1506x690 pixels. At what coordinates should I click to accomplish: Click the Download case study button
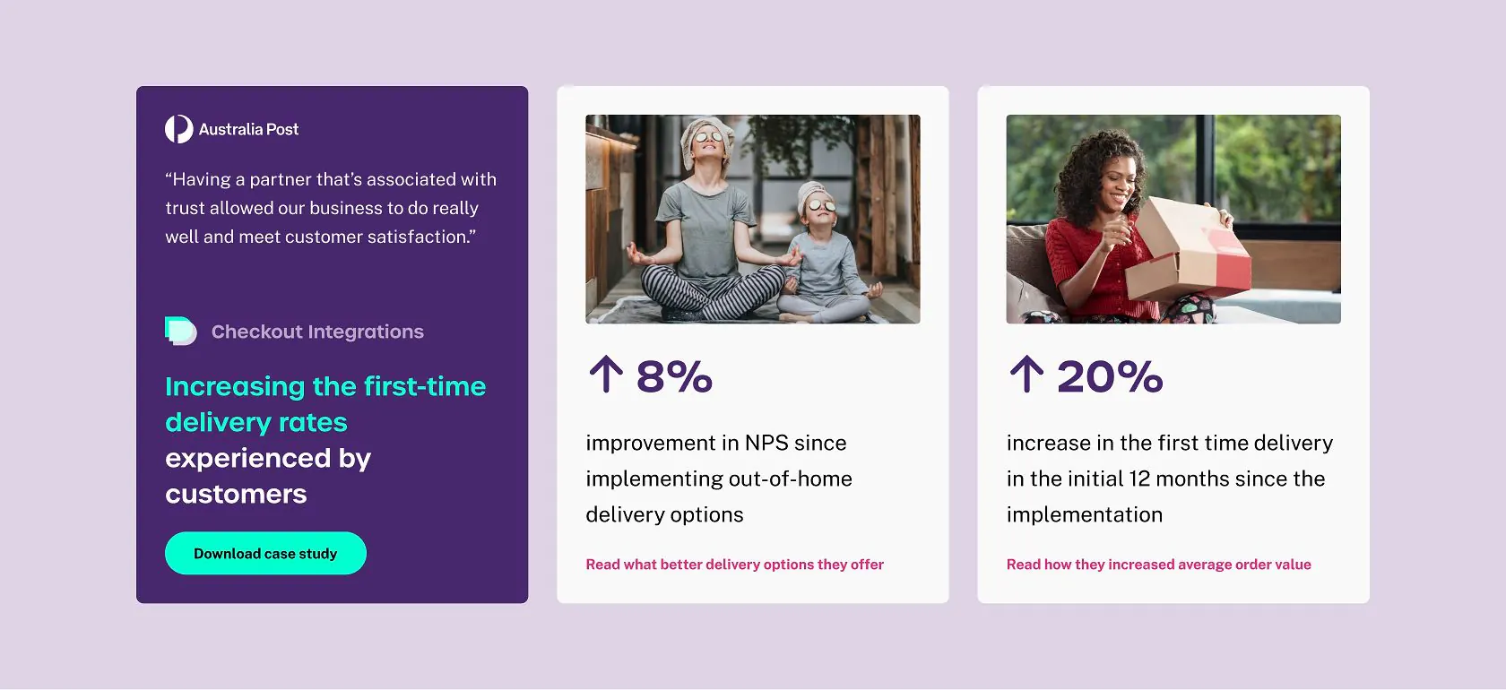pos(265,553)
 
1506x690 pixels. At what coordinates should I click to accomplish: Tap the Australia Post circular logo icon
pos(179,129)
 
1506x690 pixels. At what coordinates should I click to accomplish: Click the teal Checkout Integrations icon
pos(180,331)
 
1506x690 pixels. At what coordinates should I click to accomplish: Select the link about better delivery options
pos(734,565)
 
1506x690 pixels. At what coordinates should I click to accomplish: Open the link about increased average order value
pos(1158,565)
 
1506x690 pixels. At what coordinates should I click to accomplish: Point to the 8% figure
pos(674,375)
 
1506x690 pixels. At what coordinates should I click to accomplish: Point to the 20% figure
pos(1110,375)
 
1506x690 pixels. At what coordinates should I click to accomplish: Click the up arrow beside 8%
pos(606,374)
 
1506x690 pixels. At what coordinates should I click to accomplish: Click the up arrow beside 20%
pos(1026,374)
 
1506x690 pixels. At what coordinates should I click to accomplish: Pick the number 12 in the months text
pos(1139,479)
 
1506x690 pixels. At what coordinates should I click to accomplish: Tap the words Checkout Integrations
pos(317,332)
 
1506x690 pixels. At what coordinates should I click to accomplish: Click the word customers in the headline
pos(236,494)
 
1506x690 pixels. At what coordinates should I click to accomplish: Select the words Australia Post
pos(249,129)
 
